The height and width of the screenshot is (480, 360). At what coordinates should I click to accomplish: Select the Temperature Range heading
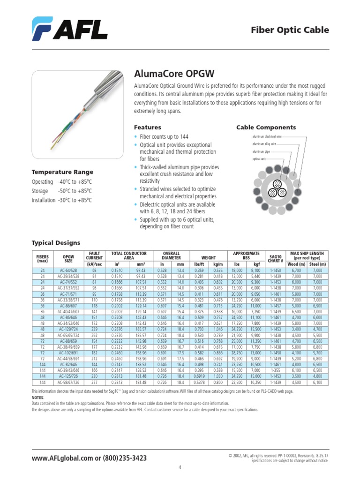(x=62, y=172)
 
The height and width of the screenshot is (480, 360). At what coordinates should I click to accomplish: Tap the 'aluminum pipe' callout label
(x=261, y=151)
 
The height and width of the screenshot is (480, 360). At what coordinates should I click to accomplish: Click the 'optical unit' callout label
(x=259, y=159)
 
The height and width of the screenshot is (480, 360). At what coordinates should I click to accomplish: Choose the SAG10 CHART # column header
(x=276, y=258)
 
